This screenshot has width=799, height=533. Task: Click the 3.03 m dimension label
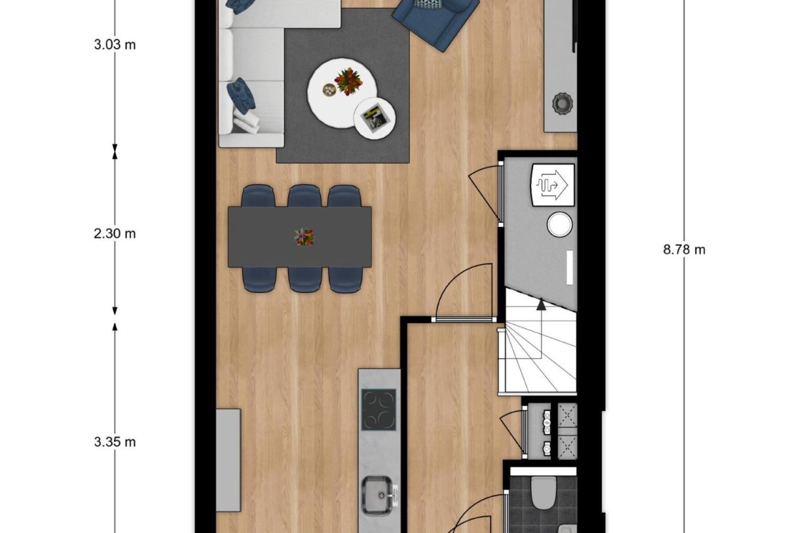click(x=115, y=45)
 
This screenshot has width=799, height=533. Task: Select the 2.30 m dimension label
click(x=115, y=233)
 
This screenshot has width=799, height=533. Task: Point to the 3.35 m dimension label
click(x=115, y=442)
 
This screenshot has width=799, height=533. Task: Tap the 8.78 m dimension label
click(x=684, y=250)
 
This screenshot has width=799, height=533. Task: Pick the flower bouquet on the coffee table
click(x=348, y=82)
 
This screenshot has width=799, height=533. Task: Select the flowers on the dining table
click(x=304, y=237)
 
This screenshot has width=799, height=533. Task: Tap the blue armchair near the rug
click(x=436, y=20)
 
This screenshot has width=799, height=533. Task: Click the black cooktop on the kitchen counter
click(x=379, y=409)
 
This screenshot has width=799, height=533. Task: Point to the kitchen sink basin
click(x=379, y=495)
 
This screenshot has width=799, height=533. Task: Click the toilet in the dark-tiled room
click(x=543, y=492)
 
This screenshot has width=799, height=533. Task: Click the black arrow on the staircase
click(x=541, y=304)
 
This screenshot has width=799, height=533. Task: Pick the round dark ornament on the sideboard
click(x=562, y=103)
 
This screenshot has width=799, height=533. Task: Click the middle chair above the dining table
click(x=304, y=196)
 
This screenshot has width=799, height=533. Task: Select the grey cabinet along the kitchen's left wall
click(x=229, y=459)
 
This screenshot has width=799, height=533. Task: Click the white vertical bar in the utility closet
click(x=570, y=268)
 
